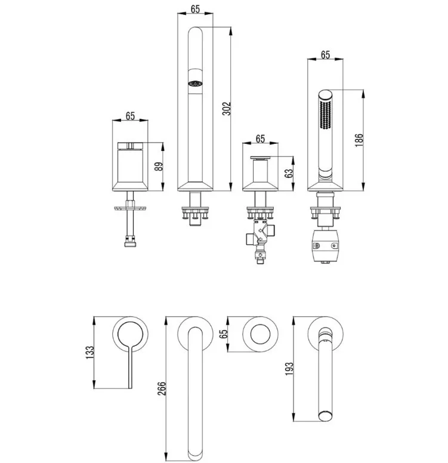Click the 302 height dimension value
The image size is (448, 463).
227,109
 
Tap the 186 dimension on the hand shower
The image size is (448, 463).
359,140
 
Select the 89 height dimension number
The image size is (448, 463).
159,166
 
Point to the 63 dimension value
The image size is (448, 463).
289,173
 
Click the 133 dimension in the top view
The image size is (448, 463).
89,352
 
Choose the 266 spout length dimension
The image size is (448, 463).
162,388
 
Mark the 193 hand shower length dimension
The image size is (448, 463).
289,369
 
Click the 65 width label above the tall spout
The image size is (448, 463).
195,9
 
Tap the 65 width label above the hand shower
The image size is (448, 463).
325,55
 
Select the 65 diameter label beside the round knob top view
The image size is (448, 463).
224,334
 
